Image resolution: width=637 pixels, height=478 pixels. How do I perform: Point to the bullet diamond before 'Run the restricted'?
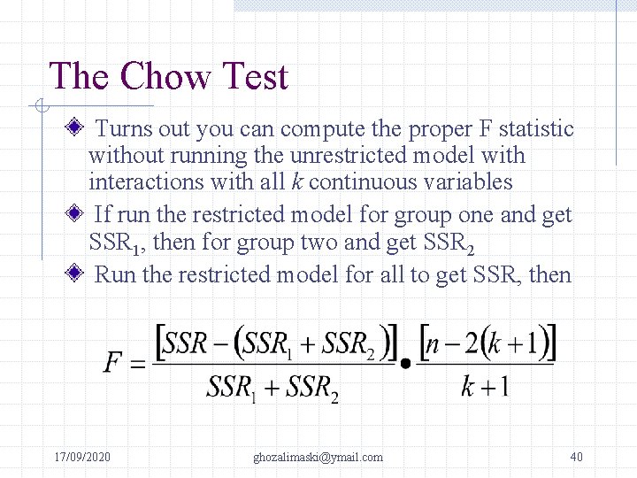pyautogui.click(x=76, y=274)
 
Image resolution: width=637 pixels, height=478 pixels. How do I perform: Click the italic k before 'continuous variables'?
pyautogui.click(x=295, y=182)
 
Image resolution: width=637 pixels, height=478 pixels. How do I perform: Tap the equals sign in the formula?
pyautogui.click(x=138, y=364)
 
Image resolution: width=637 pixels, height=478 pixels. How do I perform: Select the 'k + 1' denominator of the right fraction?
pyautogui.click(x=485, y=387)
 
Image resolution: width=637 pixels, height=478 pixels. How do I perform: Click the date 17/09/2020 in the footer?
pyautogui.click(x=82, y=457)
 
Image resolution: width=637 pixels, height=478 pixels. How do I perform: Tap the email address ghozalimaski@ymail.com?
pyautogui.click(x=318, y=457)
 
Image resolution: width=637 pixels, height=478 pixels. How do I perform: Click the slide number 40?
pyautogui.click(x=576, y=457)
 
